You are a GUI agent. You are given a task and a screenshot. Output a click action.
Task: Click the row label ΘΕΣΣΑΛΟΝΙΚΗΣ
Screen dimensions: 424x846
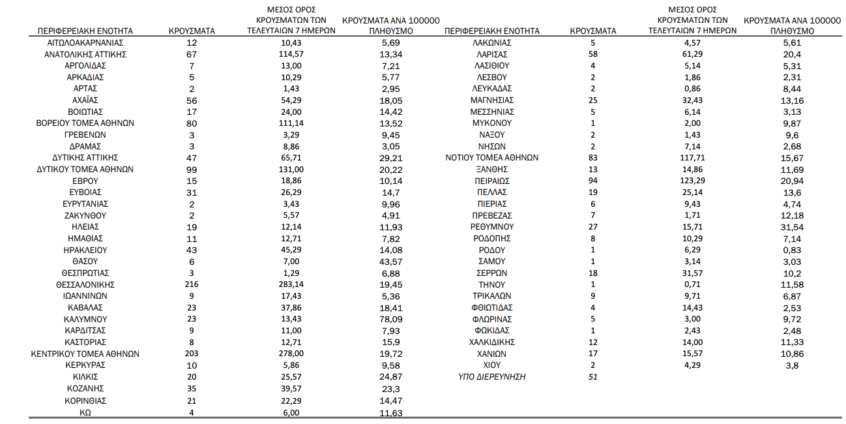tap(85, 284)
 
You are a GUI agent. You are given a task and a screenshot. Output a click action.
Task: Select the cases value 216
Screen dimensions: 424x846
tap(192, 284)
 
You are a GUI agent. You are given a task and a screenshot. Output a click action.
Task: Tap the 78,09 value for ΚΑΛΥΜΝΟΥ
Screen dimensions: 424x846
tap(390, 319)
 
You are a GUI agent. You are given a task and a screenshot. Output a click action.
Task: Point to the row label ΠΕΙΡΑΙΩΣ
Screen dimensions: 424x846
tap(492, 181)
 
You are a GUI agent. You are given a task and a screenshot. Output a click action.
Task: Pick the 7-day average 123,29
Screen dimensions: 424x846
tap(693, 181)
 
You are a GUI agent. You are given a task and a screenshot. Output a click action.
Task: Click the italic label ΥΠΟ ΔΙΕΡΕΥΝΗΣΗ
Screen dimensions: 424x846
tap(492, 376)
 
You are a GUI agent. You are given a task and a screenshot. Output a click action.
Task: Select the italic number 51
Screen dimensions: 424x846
tap(592, 376)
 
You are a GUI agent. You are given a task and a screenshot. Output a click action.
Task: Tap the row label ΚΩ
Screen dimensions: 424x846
tap(85, 412)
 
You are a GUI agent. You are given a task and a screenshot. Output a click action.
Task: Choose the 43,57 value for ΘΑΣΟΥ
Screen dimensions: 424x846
tap(390, 262)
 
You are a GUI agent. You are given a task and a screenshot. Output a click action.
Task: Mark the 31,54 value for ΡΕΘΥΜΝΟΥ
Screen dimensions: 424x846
tap(792, 226)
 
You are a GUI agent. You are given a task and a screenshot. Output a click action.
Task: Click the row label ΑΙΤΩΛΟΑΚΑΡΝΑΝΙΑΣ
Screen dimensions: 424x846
tap(85, 42)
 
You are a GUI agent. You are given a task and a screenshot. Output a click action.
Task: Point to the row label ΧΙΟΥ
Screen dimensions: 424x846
tap(492, 365)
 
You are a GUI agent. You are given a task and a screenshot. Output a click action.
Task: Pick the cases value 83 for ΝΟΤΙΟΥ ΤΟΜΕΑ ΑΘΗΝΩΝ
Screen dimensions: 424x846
tap(592, 158)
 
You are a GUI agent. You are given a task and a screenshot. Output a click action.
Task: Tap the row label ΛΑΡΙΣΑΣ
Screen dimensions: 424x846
tap(492, 54)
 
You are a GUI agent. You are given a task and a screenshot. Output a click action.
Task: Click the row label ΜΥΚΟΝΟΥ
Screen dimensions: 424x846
tap(492, 123)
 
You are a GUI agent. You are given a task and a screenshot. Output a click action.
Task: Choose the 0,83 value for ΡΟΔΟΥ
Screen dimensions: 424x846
tap(792, 250)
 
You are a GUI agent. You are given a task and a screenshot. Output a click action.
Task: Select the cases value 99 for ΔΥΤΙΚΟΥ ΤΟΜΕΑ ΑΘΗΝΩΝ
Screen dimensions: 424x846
tap(192, 169)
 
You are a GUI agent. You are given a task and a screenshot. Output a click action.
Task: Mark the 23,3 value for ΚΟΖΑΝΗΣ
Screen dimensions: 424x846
tap(390, 388)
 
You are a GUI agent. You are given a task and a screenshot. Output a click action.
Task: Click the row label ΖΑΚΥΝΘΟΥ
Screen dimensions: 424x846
tap(85, 215)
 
